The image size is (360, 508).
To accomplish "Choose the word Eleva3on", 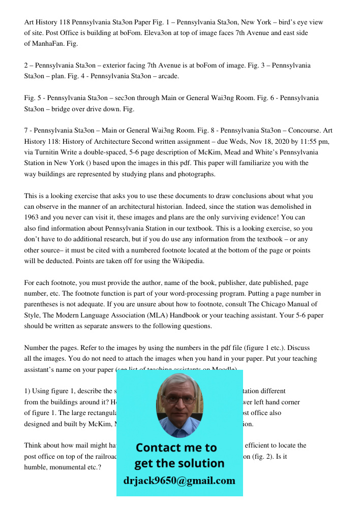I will point(159,33).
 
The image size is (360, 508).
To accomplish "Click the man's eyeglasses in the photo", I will point(179,399).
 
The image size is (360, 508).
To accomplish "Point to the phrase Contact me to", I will point(176,448).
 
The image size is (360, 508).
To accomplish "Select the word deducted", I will point(58,261).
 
